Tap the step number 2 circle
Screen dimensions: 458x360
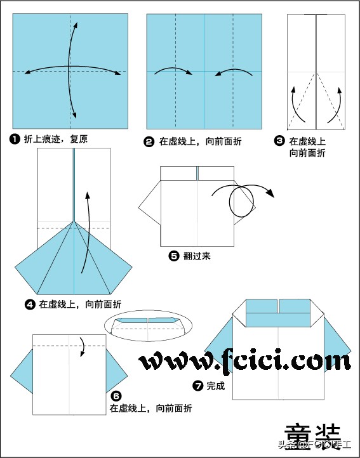pyautogui.click(x=149, y=142)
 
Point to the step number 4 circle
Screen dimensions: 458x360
pyautogui.click(x=30, y=304)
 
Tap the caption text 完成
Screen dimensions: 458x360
pyautogui.click(x=215, y=385)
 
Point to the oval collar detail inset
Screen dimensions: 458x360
pyautogui.click(x=149, y=324)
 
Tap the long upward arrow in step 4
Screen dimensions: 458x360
pyautogui.click(x=85, y=228)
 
